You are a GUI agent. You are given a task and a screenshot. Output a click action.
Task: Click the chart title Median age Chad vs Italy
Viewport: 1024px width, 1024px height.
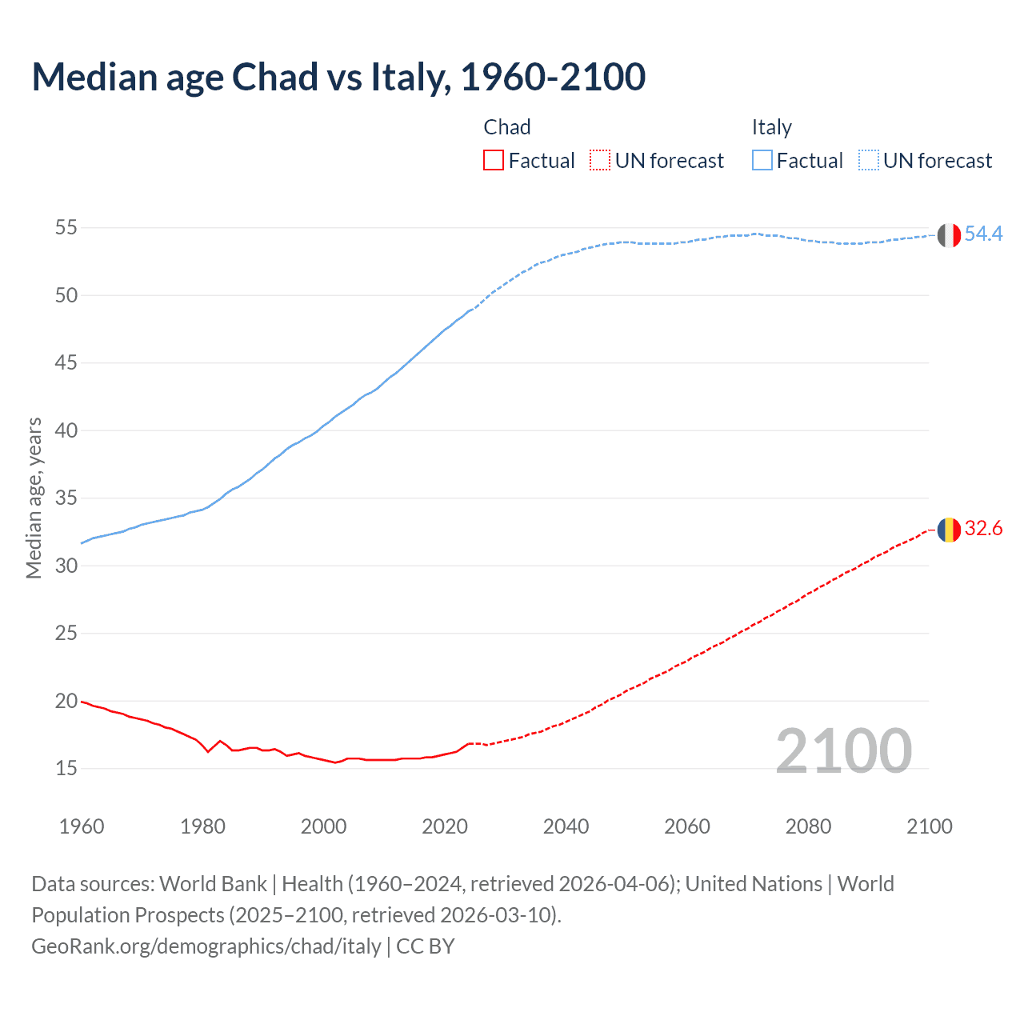pyautogui.click(x=338, y=77)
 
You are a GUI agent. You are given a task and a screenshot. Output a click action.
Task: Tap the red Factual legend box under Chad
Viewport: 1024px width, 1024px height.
pyautogui.click(x=494, y=161)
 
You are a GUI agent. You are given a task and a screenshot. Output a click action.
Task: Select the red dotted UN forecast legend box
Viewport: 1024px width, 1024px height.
pyautogui.click(x=600, y=161)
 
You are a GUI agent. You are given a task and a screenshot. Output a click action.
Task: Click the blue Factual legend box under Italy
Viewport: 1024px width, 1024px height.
pyautogui.click(x=762, y=161)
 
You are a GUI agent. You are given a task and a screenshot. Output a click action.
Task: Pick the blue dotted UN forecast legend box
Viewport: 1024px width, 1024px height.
pyautogui.click(x=869, y=161)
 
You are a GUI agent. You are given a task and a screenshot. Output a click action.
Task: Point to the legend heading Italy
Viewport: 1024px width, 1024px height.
pyautogui.click(x=771, y=127)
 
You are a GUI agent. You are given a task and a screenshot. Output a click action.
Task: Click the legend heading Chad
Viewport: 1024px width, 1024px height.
pyautogui.click(x=506, y=127)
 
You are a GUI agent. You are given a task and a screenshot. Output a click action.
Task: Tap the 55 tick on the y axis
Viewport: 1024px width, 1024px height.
pyautogui.click(x=66, y=228)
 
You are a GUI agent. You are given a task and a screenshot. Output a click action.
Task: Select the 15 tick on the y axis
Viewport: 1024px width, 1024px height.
pyautogui.click(x=66, y=769)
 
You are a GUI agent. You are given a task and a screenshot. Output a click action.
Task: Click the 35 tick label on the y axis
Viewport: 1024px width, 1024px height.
pyautogui.click(x=66, y=498)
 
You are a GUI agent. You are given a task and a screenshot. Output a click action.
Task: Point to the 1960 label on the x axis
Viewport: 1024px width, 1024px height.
pyautogui.click(x=82, y=826)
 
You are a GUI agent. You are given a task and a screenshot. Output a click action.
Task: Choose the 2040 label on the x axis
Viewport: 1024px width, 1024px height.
pyautogui.click(x=566, y=826)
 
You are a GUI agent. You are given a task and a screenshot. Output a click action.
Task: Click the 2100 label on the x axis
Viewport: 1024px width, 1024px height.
pyautogui.click(x=929, y=826)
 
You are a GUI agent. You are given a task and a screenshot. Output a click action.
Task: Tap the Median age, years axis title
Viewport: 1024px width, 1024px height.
pyautogui.click(x=34, y=498)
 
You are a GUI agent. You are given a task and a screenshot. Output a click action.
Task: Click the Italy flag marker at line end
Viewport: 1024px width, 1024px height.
pyautogui.click(x=949, y=235)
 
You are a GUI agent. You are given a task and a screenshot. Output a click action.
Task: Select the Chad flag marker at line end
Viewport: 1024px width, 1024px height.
pyautogui.click(x=949, y=530)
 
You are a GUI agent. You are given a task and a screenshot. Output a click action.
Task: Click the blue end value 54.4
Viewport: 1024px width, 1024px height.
pyautogui.click(x=983, y=234)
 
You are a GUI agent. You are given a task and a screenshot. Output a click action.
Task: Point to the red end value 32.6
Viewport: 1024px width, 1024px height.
pyautogui.click(x=983, y=528)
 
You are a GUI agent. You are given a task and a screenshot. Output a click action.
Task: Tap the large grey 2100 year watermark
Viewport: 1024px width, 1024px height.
pyautogui.click(x=844, y=750)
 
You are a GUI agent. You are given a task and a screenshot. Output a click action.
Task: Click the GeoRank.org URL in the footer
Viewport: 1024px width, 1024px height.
pyautogui.click(x=206, y=946)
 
